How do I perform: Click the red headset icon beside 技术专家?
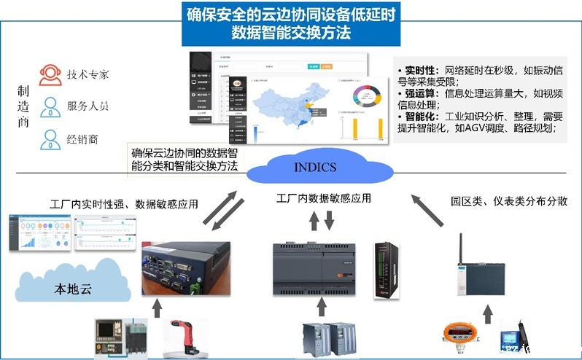50,74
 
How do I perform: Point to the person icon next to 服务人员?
50,106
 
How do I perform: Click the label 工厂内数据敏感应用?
324,198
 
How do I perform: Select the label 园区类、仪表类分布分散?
509,201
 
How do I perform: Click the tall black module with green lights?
385,270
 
